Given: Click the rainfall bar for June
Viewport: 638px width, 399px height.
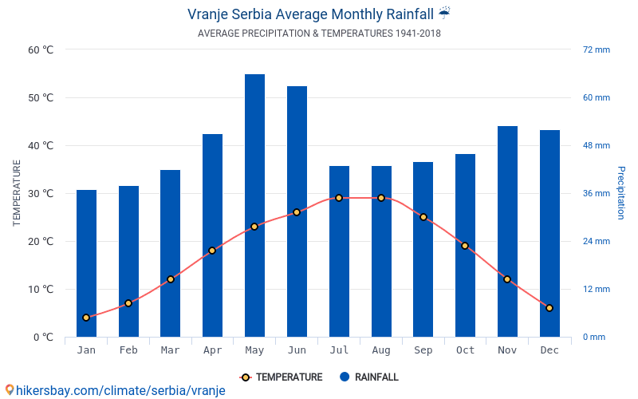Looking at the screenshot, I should (297, 211).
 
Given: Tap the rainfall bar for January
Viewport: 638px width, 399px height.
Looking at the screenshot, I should (86, 263).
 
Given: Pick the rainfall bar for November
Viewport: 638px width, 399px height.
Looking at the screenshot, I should (507, 231).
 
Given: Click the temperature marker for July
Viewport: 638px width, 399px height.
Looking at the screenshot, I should (339, 198).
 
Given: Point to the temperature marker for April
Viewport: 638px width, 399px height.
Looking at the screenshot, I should (212, 251).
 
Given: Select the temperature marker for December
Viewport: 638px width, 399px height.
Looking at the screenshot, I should (549, 308).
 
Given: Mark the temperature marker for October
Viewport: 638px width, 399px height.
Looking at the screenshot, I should (465, 246).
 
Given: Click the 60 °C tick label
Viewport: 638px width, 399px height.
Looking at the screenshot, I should (40, 49).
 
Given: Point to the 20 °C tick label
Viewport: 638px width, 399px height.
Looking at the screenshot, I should (40, 241).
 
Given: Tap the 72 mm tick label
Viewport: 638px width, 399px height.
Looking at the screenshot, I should (596, 49).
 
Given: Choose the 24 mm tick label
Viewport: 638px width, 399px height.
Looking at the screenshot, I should (596, 241).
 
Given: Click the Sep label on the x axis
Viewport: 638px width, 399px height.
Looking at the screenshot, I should (423, 350).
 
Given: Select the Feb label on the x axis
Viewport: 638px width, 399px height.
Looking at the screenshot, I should (128, 350).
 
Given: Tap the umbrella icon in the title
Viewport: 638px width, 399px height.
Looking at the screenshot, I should (444, 13).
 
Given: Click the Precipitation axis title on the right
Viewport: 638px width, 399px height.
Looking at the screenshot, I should (621, 193).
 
